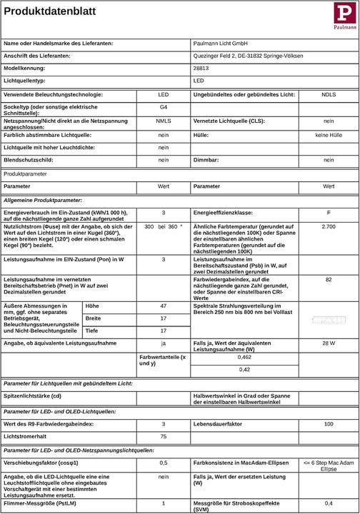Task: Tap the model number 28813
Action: (x=201, y=68)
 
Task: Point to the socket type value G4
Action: (x=163, y=107)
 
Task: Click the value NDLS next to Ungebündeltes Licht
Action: (x=328, y=94)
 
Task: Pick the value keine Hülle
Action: (x=328, y=133)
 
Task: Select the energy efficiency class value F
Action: (x=328, y=213)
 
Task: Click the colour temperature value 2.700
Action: (x=328, y=226)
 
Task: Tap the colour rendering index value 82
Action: (x=328, y=279)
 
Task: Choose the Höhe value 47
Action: (x=163, y=306)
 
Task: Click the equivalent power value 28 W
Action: (x=328, y=343)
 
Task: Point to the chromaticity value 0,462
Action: (x=244, y=356)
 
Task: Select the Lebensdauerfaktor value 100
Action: (x=328, y=424)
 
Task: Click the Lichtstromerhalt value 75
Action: (x=163, y=436)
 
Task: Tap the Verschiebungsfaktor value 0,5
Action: (x=163, y=463)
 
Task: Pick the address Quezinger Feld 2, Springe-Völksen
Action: (x=248, y=56)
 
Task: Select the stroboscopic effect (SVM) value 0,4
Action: (x=328, y=503)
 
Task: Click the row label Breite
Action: (x=94, y=318)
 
